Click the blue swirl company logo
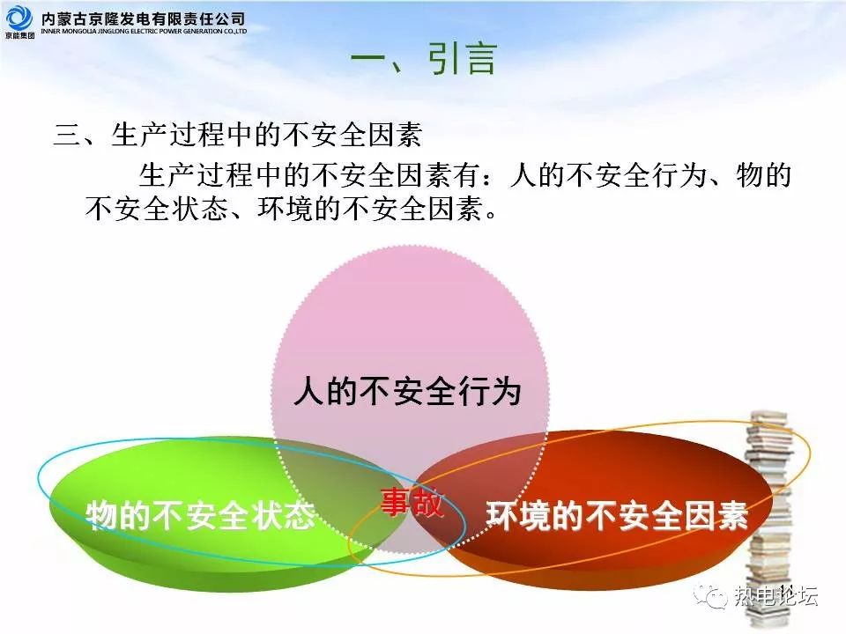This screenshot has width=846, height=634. pyautogui.click(x=19, y=18)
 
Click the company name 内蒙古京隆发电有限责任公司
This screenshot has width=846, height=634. pyautogui.click(x=143, y=19)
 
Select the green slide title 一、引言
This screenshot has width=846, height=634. pyautogui.click(x=423, y=59)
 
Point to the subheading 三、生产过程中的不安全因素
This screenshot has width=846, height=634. pyautogui.click(x=237, y=134)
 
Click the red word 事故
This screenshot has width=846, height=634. pyautogui.click(x=412, y=502)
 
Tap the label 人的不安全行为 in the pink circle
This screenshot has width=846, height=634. pyautogui.click(x=407, y=391)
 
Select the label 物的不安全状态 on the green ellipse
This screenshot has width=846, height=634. pyautogui.click(x=200, y=515)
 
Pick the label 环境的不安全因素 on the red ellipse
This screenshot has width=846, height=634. pyautogui.click(x=617, y=515)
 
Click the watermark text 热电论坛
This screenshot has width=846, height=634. pyautogui.click(x=775, y=596)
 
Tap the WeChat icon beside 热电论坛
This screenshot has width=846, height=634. pyautogui.click(x=710, y=596)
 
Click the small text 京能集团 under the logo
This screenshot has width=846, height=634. pyautogui.click(x=20, y=35)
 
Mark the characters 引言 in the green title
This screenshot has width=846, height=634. pyautogui.click(x=463, y=59)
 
